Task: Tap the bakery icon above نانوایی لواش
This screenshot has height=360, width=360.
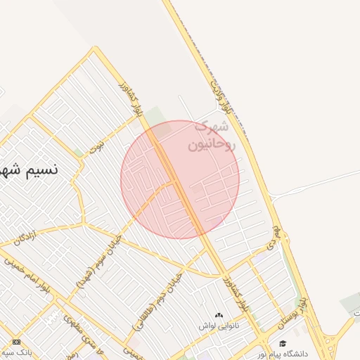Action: coord(218,316)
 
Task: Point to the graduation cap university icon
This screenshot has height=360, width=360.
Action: coord(283,343)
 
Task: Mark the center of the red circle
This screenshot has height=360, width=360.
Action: coord(180,179)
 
